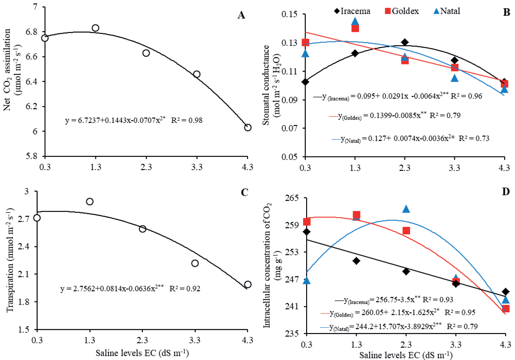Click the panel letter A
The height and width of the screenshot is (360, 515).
point(241,15)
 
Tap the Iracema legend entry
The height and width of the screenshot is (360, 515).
point(352,11)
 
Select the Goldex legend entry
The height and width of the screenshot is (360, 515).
point(402,11)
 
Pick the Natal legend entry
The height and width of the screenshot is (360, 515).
point(447,11)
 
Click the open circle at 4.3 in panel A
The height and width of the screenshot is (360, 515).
point(248,127)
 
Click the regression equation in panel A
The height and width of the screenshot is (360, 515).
point(134,120)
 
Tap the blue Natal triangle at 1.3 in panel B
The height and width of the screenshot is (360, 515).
point(355,22)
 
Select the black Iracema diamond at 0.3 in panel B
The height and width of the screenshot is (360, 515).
point(305,82)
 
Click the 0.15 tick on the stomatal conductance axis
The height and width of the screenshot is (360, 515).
point(289,14)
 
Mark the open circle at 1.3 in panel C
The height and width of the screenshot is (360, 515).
point(90,202)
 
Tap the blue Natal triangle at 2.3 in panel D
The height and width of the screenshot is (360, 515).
point(406,209)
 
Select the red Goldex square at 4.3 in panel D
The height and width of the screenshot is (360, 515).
point(505,309)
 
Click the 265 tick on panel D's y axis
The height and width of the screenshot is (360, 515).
point(292,198)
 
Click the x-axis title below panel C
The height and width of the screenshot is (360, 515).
point(142,353)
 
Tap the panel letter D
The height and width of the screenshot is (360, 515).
point(506,192)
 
